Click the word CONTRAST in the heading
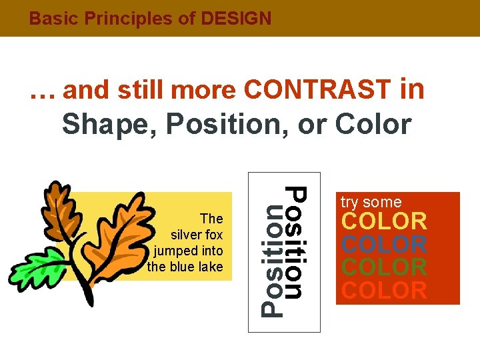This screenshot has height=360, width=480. (318, 89)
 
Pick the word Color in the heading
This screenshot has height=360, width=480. (374, 123)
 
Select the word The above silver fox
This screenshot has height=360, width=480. (211, 219)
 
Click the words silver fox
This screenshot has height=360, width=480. (197, 235)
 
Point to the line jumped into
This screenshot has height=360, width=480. (189, 251)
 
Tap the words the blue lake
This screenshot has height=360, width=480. (185, 267)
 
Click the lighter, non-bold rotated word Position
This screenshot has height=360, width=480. (271, 260)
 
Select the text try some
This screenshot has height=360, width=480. (371, 202)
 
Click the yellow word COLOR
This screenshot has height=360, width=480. (384, 221)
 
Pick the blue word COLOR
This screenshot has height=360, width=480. (384, 244)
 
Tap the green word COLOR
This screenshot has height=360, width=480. (384, 267)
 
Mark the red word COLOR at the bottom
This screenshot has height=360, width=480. (384, 291)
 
